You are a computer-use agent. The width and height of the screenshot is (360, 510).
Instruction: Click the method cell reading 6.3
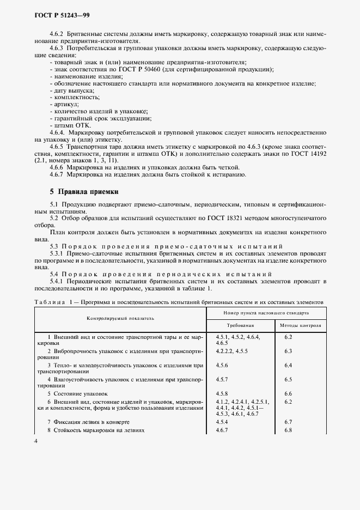point(288,351)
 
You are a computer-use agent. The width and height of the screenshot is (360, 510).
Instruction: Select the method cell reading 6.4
point(288,365)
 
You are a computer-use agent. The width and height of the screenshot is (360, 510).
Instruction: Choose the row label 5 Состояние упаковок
point(77,393)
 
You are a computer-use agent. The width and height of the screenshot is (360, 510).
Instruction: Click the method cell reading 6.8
point(288,430)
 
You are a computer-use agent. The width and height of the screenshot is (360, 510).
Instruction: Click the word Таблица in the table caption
point(49,301)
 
